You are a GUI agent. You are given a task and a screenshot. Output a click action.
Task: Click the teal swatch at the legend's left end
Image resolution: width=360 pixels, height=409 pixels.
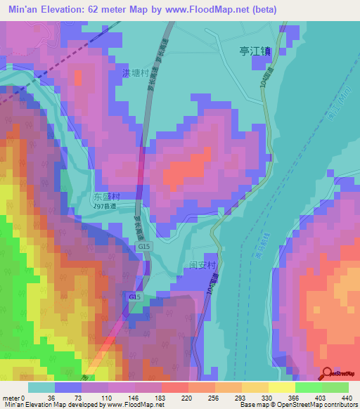(x=41, y=387)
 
